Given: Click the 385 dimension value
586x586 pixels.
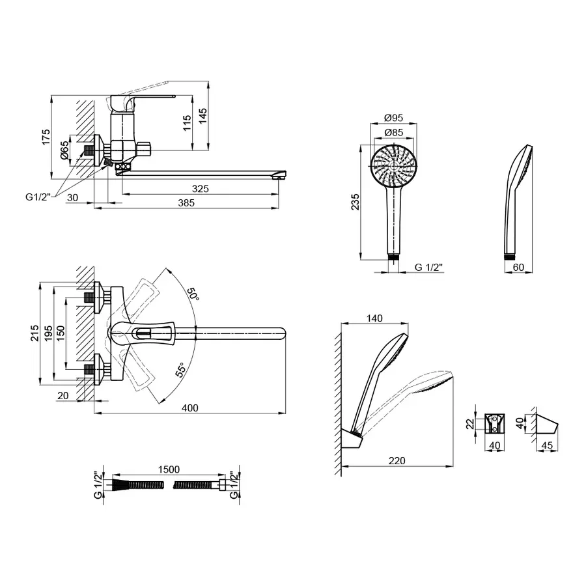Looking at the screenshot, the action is (186, 202).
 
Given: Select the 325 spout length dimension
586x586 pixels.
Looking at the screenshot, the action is (201, 189).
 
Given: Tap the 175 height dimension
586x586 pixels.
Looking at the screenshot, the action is (46, 137).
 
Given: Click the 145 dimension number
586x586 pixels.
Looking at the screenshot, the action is (202, 117).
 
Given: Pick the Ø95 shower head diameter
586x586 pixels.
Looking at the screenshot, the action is (394, 118).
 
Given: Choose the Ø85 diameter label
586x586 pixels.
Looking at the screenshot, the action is (394, 132).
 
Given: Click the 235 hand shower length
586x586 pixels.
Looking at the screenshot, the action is (355, 202).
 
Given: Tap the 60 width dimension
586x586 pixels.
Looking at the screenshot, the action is (519, 267).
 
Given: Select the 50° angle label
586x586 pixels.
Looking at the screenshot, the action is (193, 294).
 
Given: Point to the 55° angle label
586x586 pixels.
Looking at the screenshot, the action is (180, 370).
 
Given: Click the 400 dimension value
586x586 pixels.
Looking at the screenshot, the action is (190, 408).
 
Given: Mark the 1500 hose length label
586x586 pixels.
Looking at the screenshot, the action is (169, 469).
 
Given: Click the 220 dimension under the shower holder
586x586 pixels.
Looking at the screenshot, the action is (397, 461).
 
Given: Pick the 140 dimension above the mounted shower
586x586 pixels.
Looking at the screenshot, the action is (374, 318).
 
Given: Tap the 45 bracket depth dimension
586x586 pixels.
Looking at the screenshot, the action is (547, 445).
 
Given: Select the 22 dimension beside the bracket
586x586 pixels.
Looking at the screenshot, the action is (470, 424).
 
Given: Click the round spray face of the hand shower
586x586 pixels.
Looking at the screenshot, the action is (394, 165).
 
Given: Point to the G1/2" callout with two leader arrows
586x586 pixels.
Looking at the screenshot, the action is (38, 197).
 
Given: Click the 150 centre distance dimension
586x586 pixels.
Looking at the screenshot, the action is (61, 333).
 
